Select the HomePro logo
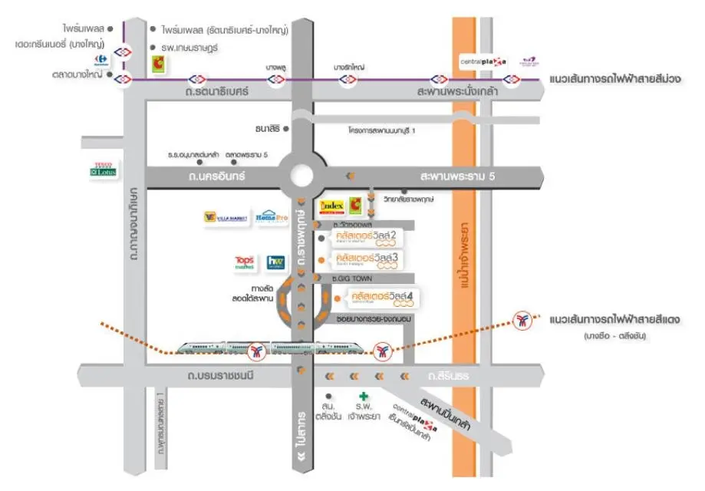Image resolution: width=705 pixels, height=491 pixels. pyautogui.click(x=272, y=217)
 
